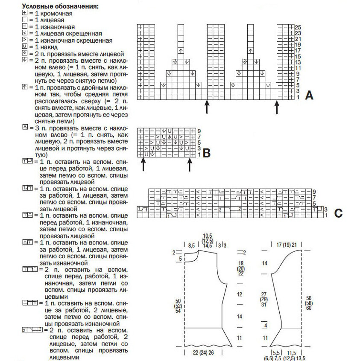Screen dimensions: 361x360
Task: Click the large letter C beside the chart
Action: tap(338, 213)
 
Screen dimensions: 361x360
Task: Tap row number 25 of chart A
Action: tap(298, 27)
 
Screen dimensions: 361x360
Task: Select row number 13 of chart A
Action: tap(298, 62)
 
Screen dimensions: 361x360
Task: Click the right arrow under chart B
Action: tap(189, 164)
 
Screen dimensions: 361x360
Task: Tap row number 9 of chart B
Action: tap(199, 131)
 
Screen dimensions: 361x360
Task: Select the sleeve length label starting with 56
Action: tap(309, 303)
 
